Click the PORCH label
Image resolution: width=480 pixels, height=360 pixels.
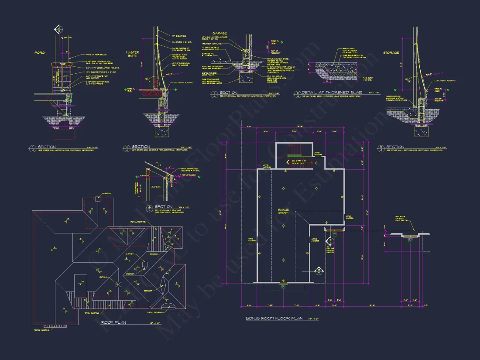40,53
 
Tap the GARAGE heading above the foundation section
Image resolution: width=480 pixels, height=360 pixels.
219,33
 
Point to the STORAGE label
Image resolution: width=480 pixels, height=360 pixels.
391,53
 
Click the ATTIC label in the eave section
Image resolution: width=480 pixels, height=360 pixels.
156,187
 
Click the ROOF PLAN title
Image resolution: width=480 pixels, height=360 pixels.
114,322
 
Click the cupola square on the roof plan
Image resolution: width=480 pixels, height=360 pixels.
118,285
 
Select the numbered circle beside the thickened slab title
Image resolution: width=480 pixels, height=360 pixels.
297,93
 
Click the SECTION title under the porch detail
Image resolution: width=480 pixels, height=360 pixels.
46,147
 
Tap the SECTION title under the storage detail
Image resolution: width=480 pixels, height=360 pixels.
395,147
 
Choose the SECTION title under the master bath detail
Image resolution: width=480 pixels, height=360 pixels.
141,147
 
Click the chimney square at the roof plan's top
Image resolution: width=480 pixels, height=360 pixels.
98,199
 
